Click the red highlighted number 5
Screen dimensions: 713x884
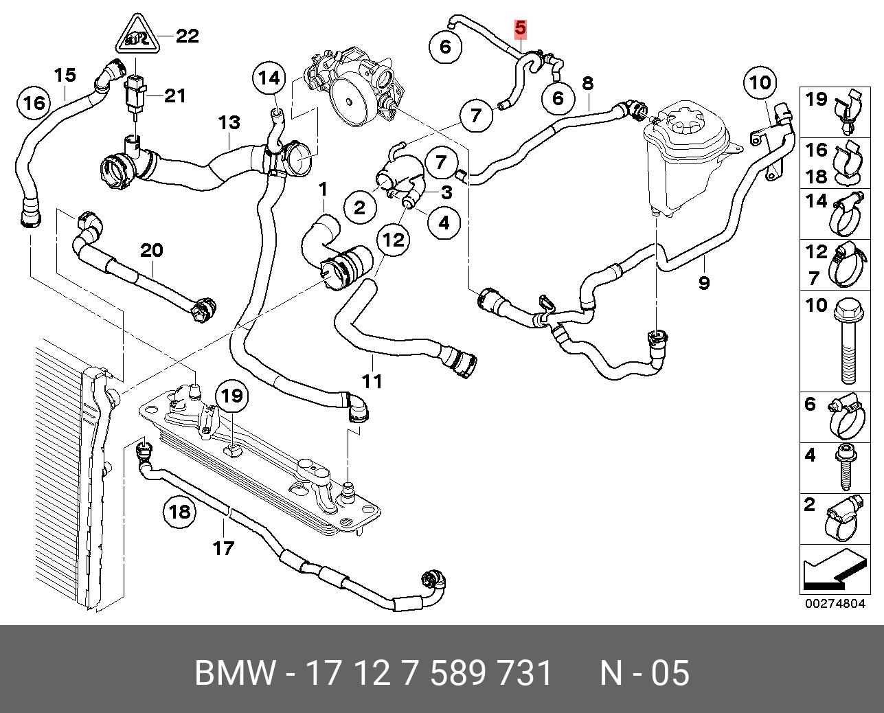520,28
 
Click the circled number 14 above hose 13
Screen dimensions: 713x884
269,78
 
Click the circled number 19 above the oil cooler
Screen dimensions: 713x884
232,396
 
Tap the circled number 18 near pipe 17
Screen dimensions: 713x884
179,512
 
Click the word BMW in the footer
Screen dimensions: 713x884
236,673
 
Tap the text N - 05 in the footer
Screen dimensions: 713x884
644,673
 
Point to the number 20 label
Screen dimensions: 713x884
152,251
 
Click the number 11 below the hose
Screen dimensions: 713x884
372,381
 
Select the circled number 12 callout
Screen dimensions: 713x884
394,239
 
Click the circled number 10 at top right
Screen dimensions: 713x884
760,84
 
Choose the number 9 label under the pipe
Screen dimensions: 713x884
703,282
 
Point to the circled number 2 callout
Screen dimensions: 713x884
360,207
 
